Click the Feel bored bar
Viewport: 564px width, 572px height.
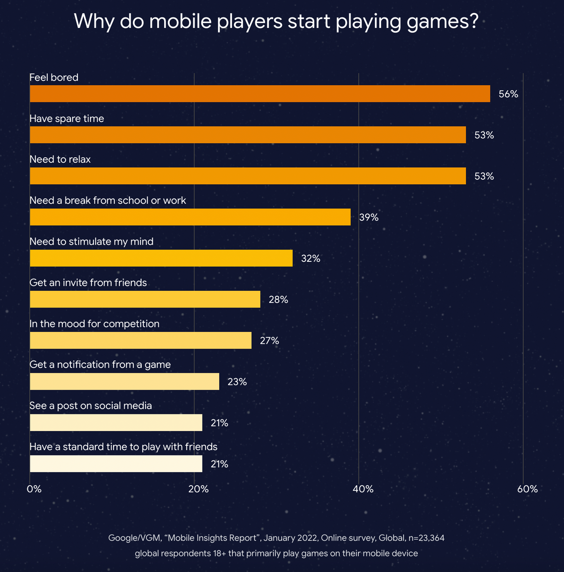click(260, 94)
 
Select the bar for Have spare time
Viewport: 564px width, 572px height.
click(248, 135)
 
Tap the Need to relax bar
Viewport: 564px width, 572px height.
click(248, 176)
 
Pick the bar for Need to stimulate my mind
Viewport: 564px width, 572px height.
click(161, 258)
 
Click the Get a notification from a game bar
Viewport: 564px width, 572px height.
click(124, 381)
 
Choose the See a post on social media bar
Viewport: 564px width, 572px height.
click(116, 423)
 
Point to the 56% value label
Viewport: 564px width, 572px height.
click(508, 94)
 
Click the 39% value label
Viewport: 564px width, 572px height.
click(369, 217)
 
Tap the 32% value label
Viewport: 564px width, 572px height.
click(311, 258)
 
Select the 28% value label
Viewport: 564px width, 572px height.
click(279, 299)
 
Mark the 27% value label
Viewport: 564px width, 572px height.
click(270, 341)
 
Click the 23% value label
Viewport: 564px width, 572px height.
click(237, 382)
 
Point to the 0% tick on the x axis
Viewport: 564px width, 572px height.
click(34, 489)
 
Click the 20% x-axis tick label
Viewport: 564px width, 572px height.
click(198, 489)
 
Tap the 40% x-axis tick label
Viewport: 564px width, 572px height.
click(363, 489)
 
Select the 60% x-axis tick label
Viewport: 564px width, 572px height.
click(528, 489)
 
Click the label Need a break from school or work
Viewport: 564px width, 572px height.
click(108, 200)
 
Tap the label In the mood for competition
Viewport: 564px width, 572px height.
click(95, 323)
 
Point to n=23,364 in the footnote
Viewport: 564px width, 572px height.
click(426, 538)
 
